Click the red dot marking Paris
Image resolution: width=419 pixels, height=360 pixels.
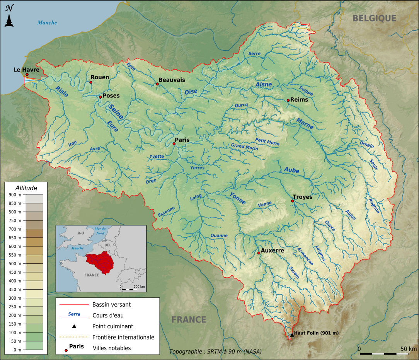pyautogui.click(x=174, y=144)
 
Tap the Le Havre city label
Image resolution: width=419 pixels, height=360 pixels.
pyautogui.click(x=26, y=70)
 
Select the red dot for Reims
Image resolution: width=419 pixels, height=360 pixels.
pyautogui.click(x=288, y=101)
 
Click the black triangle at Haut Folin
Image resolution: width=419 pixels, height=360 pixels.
pyautogui.click(x=292, y=335)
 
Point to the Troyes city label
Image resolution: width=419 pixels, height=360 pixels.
pyautogui.click(x=303, y=197)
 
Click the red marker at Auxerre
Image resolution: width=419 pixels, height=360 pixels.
pyautogui.click(x=259, y=253)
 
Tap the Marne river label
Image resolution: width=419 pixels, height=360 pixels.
pyautogui.click(x=305, y=123)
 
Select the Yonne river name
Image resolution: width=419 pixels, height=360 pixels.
pyautogui.click(x=237, y=198)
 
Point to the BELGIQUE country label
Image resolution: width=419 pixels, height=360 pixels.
pyautogui.click(x=374, y=18)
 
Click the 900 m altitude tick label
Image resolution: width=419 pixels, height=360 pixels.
pyautogui.click(x=14, y=195)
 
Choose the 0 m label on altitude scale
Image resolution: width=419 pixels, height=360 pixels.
pyautogui.click(x=17, y=350)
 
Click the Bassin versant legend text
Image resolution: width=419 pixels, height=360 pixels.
pyautogui.click(x=111, y=304)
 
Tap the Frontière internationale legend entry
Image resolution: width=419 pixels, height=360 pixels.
pyautogui.click(x=123, y=337)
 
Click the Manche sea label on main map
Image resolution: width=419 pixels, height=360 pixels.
pyautogui.click(x=47, y=22)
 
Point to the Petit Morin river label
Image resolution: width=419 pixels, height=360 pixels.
pyautogui.click(x=267, y=142)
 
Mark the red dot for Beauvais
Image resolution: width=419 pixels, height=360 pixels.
pyautogui.click(x=157, y=84)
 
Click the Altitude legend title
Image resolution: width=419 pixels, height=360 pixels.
pyautogui.click(x=26, y=188)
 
